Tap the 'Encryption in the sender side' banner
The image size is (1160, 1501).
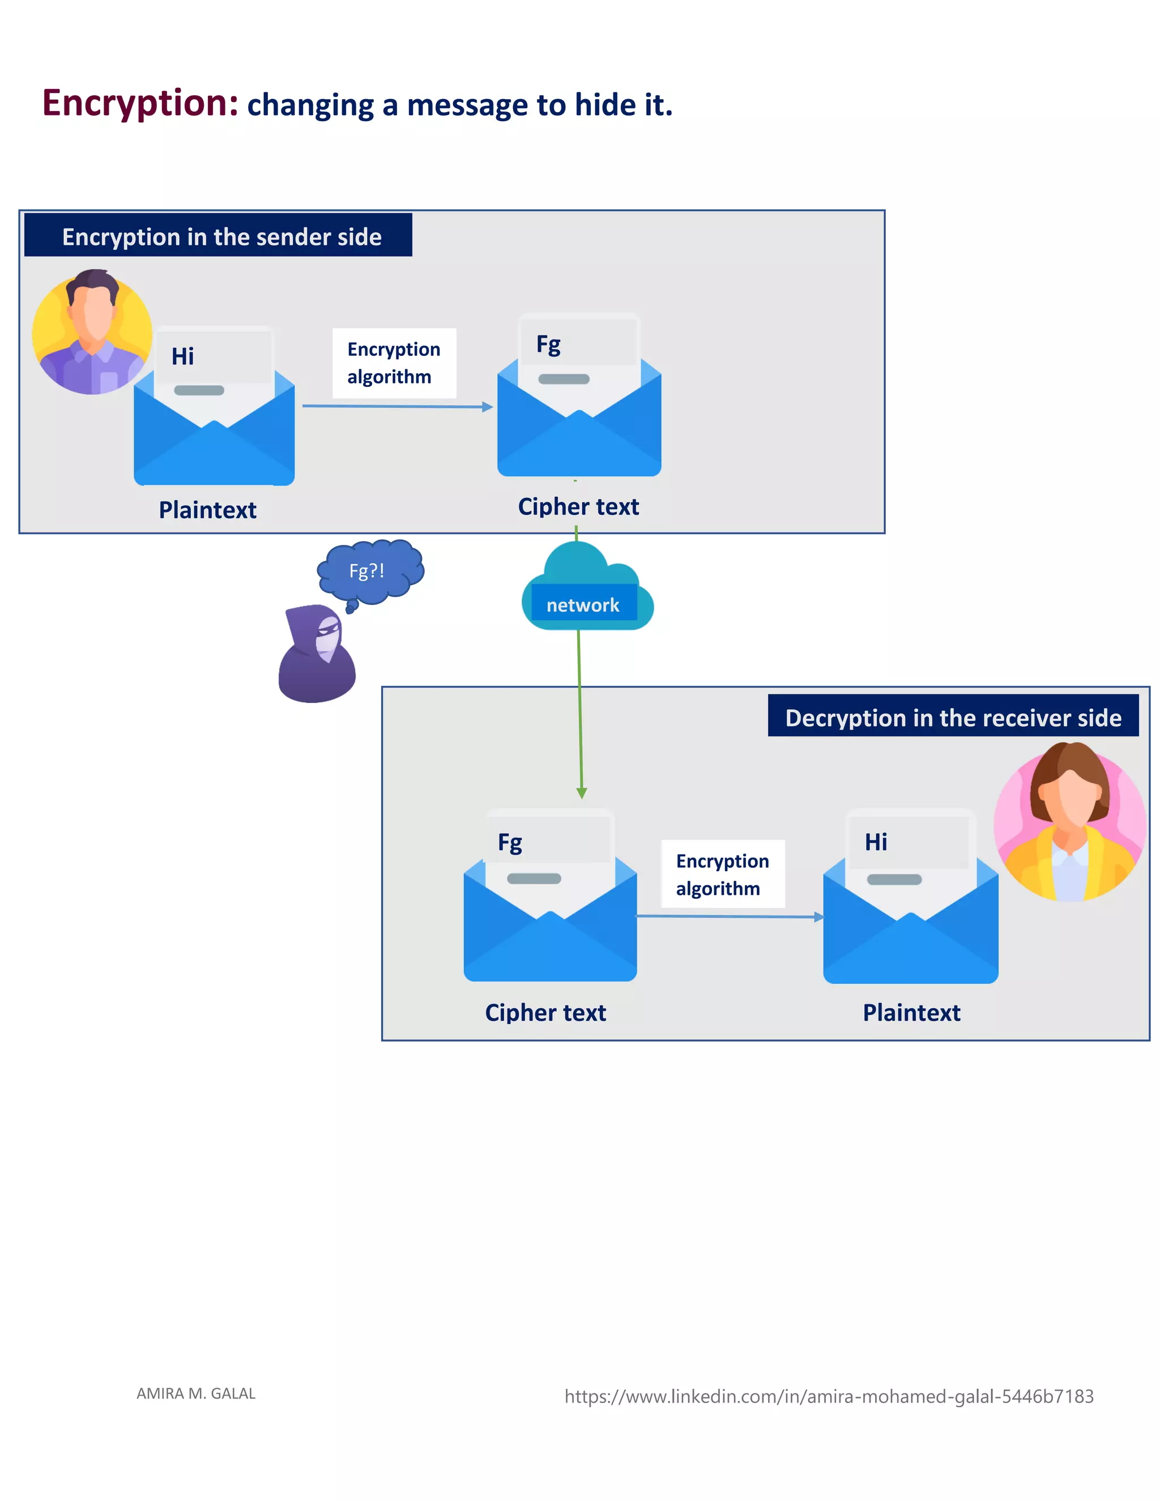[219, 236]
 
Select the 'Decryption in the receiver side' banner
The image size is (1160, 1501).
[953, 717]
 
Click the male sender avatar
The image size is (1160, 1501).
[92, 331]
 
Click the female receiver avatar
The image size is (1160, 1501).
[1069, 822]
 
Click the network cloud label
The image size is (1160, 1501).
[583, 604]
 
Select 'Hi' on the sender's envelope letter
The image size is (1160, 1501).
[183, 356]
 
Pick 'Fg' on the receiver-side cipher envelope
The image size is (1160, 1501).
[510, 841]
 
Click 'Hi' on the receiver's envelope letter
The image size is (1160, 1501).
[876, 841]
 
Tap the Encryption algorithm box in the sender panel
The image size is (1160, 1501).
[394, 363]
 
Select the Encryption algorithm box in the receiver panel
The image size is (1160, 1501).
[722, 873]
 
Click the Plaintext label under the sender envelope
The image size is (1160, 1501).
[207, 509]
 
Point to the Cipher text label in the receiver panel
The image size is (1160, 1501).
[545, 1012]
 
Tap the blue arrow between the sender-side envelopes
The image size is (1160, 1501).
[397, 406]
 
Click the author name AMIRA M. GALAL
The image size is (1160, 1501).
[196, 1393]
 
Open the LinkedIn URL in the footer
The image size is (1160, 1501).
[828, 1396]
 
